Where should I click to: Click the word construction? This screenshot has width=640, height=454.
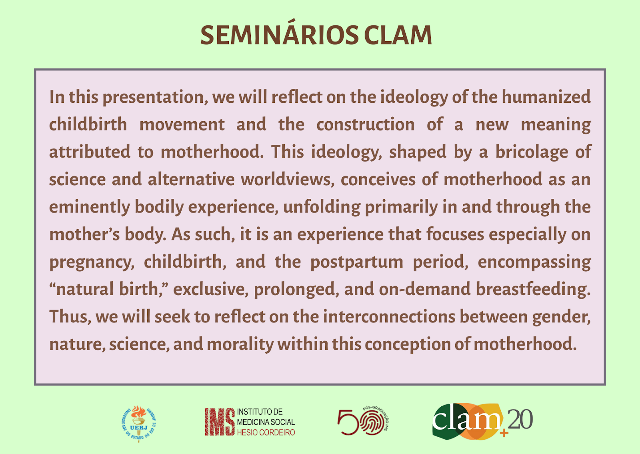tap(366, 124)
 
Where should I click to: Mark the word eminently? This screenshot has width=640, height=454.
tap(90, 207)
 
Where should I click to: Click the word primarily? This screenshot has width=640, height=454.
tap(402, 207)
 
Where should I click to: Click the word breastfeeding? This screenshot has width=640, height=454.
tap(533, 289)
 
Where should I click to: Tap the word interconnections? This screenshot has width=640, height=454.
tap(390, 317)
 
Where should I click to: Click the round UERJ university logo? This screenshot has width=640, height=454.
tap(138, 423)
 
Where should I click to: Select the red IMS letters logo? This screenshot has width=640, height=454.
tap(220, 422)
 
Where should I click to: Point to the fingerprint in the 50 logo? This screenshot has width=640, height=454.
tap(372, 422)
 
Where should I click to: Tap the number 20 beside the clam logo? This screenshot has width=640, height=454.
tap(520, 419)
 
